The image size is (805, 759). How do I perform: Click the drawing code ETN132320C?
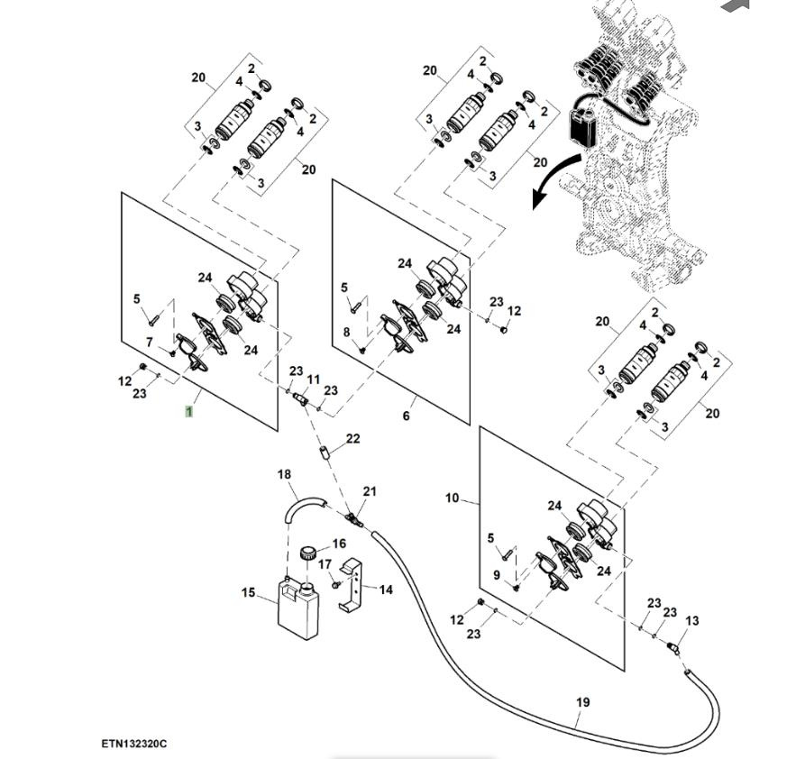134,744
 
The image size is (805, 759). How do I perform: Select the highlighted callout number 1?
189,411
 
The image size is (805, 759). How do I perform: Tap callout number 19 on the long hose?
582,701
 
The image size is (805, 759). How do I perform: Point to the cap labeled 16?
312,552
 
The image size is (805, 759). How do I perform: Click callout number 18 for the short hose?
284,474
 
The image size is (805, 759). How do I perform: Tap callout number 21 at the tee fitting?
370,491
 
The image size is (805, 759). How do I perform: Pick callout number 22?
353,439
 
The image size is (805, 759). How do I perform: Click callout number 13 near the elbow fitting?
692,621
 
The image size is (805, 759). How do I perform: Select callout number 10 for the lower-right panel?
452,498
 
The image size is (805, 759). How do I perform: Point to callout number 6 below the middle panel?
406,416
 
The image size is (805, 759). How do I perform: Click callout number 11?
314,379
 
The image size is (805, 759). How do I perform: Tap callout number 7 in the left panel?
150,343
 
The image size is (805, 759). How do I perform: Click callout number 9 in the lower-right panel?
496,574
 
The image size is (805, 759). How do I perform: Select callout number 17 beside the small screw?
325,564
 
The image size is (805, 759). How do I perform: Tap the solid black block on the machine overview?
582,124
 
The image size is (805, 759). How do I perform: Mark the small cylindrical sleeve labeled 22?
324,450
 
